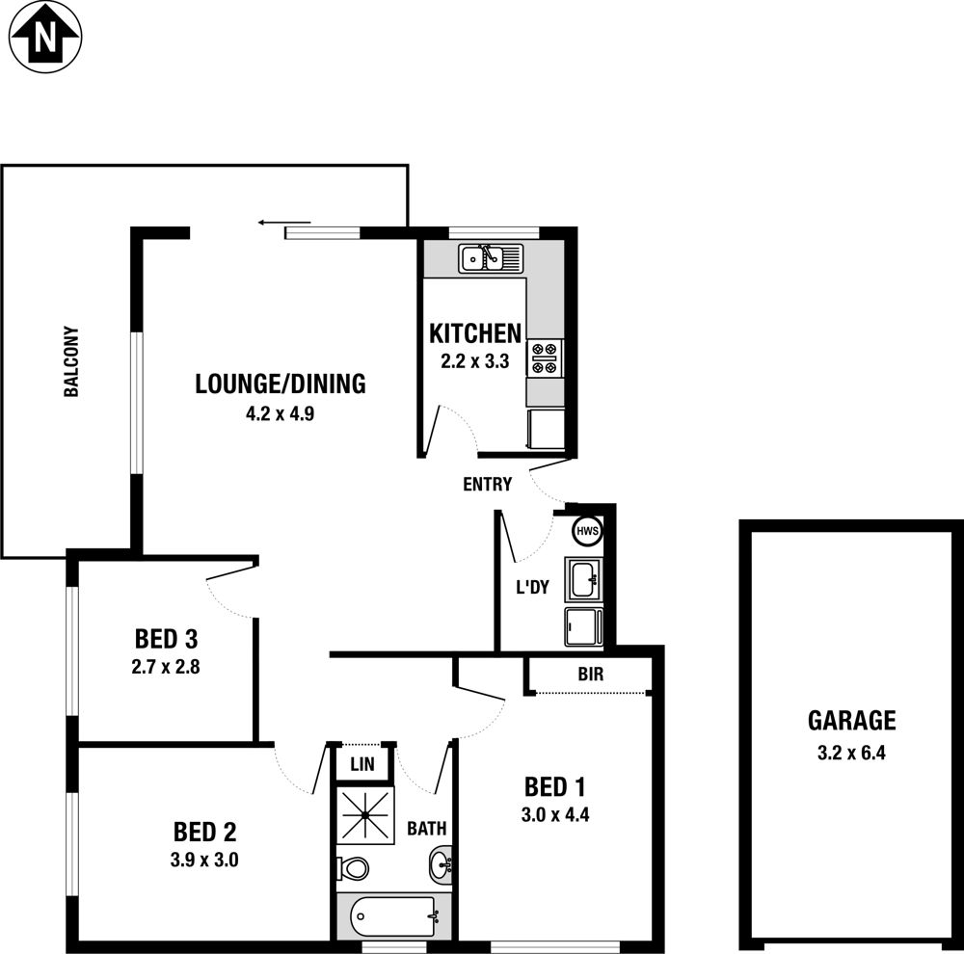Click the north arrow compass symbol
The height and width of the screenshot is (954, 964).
pyautogui.click(x=45, y=38)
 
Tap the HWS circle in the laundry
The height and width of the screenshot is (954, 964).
pyautogui.click(x=588, y=531)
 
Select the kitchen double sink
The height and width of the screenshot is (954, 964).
pyautogui.click(x=490, y=258)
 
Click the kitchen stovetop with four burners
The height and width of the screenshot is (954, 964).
pyautogui.click(x=545, y=358)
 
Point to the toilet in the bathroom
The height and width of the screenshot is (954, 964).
pyautogui.click(x=353, y=868)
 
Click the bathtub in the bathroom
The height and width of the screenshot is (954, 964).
pyautogui.click(x=393, y=916)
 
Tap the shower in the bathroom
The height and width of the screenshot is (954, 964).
pyautogui.click(x=365, y=814)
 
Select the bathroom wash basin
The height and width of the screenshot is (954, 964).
pyautogui.click(x=441, y=865)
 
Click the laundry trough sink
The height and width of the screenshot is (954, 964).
pyautogui.click(x=583, y=579)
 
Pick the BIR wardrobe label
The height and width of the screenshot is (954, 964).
pyautogui.click(x=590, y=675)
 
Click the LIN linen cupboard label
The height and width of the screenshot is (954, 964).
pyautogui.click(x=362, y=764)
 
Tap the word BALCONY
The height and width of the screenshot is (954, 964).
pyautogui.click(x=71, y=361)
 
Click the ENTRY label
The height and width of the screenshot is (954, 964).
pyautogui.click(x=487, y=485)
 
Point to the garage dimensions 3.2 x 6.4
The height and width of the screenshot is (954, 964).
pyautogui.click(x=851, y=753)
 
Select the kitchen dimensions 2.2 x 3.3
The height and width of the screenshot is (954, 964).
pyautogui.click(x=474, y=360)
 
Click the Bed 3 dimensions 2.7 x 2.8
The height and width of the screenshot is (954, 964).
pyautogui.click(x=166, y=666)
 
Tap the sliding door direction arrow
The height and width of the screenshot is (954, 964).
pyautogui.click(x=284, y=223)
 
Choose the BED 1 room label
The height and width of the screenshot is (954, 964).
pyautogui.click(x=554, y=786)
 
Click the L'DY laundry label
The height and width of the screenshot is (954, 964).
pyautogui.click(x=532, y=587)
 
